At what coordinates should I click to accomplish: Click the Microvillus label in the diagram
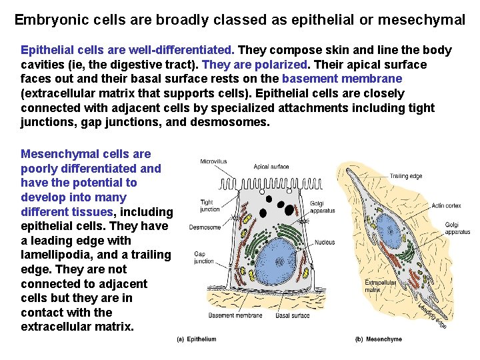[x=213, y=161]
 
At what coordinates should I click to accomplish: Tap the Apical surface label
[x=271, y=167]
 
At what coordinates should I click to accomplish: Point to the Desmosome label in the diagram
[x=205, y=227]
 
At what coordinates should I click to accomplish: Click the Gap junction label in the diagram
[x=203, y=257]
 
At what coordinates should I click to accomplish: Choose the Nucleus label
[x=324, y=241]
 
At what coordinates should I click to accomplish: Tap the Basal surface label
[x=293, y=315]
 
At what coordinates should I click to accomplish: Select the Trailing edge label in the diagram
[x=406, y=176]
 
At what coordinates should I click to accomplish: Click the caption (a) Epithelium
[x=196, y=339]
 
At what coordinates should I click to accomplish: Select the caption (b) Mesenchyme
[x=379, y=339]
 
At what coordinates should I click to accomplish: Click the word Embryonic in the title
[x=45, y=20]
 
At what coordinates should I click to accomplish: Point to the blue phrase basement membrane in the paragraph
[x=342, y=79]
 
